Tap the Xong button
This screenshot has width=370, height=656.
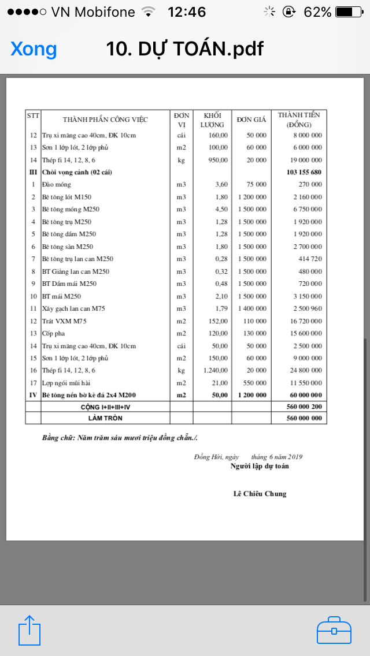click(34, 49)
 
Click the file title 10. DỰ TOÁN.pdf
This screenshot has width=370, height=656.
click(184, 49)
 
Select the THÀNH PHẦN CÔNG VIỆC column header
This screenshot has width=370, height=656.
click(105, 120)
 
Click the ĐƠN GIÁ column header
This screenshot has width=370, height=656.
click(251, 120)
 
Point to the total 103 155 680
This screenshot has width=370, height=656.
click(304, 172)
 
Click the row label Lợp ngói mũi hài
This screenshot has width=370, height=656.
click(66, 383)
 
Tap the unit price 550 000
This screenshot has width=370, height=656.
click(252, 383)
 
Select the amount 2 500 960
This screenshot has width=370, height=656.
click(307, 308)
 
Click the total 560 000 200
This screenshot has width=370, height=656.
click(304, 407)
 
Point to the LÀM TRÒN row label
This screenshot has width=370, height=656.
click(105, 418)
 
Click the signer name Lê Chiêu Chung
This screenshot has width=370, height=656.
click(260, 494)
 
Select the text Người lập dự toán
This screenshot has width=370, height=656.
click(260, 466)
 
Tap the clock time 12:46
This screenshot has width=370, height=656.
click(186, 12)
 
